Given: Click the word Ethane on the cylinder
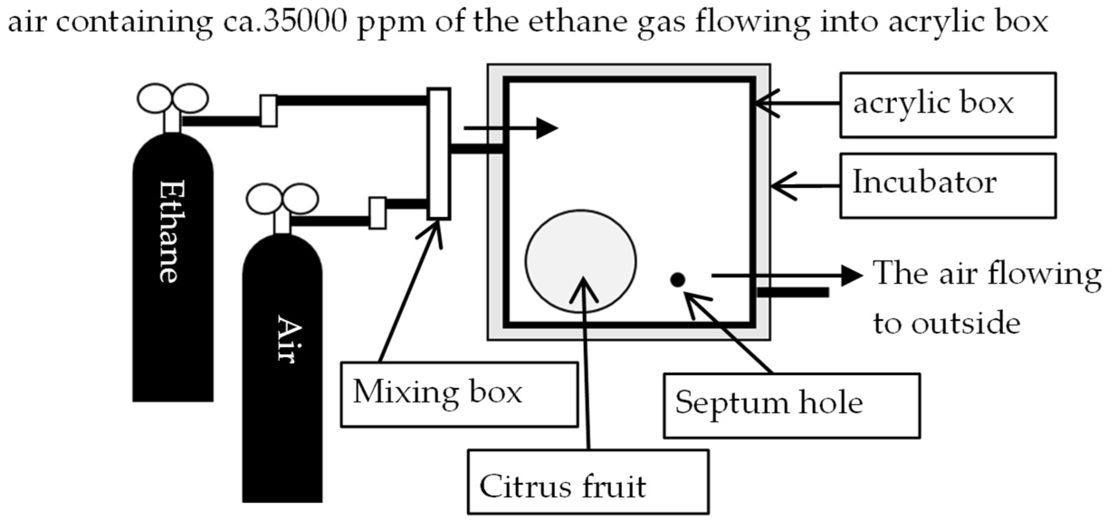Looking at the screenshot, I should pos(172,231).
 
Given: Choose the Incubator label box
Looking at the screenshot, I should pos(948,185).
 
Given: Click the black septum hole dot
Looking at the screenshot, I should pos(677,280).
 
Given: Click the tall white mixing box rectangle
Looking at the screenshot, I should pos(439,154).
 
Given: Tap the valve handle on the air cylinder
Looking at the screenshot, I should pos(282,199).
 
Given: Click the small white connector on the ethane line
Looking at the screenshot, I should pos(268,111).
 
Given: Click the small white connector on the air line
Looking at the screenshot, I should pos(377,213).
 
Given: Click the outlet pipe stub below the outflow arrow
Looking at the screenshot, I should pos(793,293).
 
